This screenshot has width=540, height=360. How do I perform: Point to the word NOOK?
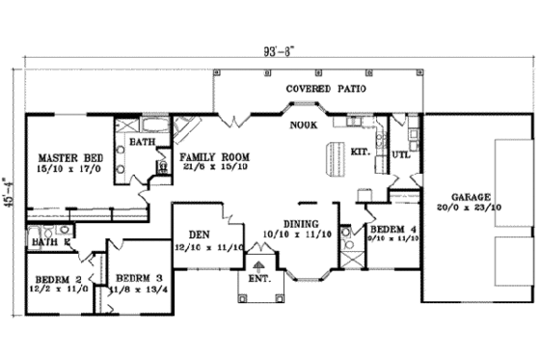click(x=303, y=124)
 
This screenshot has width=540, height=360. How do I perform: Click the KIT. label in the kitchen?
click(x=362, y=152)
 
